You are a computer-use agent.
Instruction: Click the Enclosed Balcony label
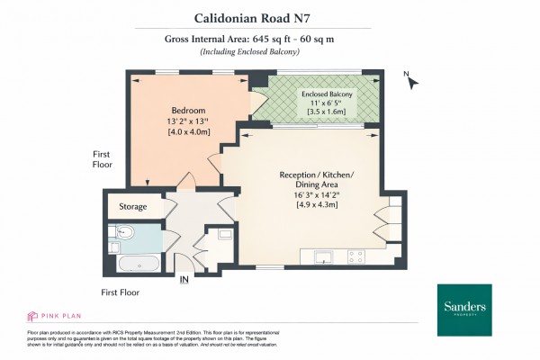(x=327, y=94)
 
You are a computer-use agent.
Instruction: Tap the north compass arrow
(x=413, y=82)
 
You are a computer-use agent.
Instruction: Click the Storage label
(x=133, y=207)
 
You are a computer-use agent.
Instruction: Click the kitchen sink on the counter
(x=326, y=258)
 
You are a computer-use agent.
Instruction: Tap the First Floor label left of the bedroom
(x=103, y=159)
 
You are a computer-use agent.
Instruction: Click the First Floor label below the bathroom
(x=121, y=292)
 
